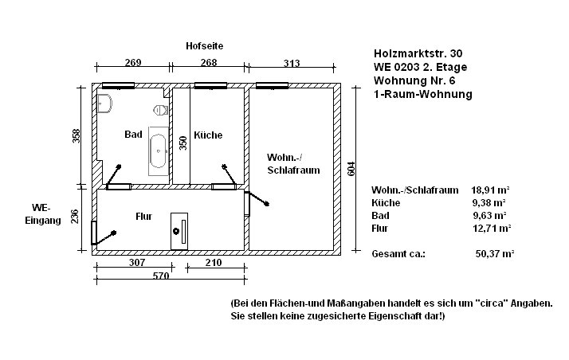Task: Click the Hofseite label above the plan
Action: [x=204, y=46]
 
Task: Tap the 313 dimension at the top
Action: [x=292, y=63]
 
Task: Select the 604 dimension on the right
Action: [x=351, y=169]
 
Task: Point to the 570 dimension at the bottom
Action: [x=161, y=276]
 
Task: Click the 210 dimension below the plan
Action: [x=214, y=263]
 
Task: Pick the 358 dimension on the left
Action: [x=77, y=136]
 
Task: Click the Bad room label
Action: [x=133, y=135]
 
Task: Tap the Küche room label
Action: [x=208, y=135]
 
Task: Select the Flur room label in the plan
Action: [x=143, y=217]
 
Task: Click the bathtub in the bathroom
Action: [x=159, y=151]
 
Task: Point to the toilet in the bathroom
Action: [x=160, y=109]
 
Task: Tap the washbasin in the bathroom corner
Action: [x=105, y=104]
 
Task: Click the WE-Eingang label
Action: [x=43, y=214]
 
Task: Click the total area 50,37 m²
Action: [x=495, y=254]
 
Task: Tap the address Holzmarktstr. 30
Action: [x=418, y=53]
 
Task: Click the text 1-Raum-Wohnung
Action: [x=423, y=94]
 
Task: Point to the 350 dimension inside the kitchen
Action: [x=183, y=143]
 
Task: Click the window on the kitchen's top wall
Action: [x=210, y=85]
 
